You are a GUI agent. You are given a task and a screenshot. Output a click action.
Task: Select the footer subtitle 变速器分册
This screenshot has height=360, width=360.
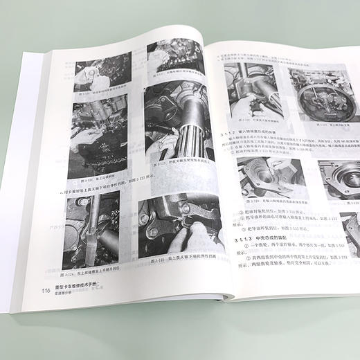pos(65,294)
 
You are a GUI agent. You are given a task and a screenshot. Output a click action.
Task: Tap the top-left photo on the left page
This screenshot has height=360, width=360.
pos(104,73)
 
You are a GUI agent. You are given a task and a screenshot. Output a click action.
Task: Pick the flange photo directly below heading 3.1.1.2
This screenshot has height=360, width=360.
pos(273,176)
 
